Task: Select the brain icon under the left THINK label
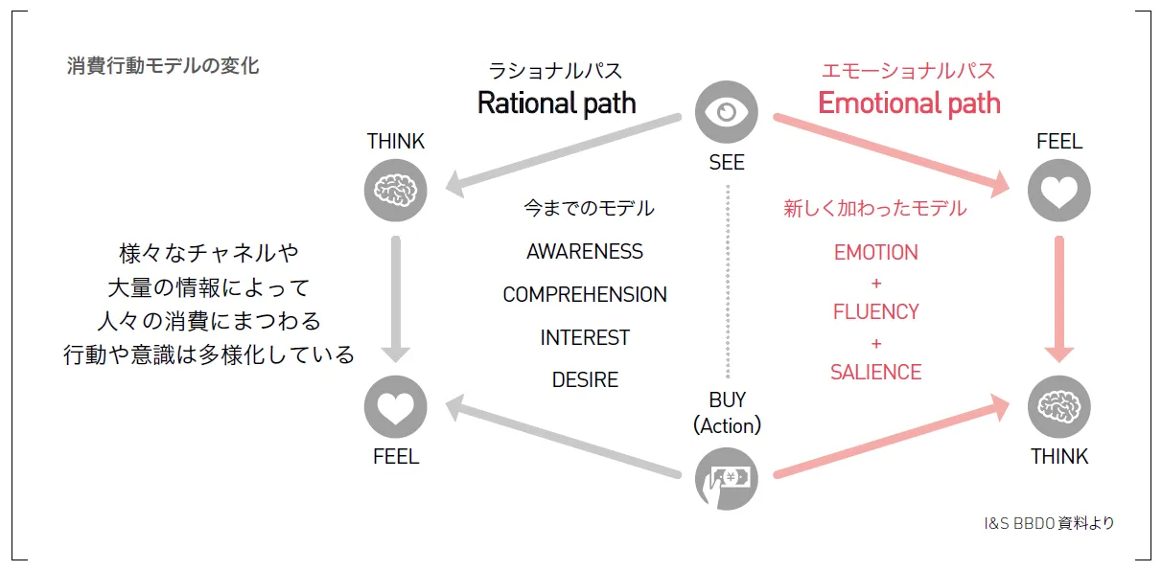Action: pos(395,190)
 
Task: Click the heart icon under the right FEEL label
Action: pos(1058,190)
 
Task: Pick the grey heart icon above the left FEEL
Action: pos(395,408)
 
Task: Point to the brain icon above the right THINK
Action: pos(1058,407)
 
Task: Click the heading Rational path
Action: pos(556,103)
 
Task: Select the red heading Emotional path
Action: pos(908,103)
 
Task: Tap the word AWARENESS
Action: pos(585,252)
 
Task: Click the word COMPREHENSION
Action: pos(585,295)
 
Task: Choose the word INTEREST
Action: pos(585,338)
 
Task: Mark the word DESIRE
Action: pos(585,380)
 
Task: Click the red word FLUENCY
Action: pos(875,312)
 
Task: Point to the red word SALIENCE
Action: pos(875,373)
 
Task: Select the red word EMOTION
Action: pos(875,253)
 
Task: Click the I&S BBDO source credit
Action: pos(1049,523)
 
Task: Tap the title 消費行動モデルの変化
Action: pos(163,66)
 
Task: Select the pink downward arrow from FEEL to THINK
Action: pos(1058,297)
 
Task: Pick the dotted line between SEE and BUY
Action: pos(727,283)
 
